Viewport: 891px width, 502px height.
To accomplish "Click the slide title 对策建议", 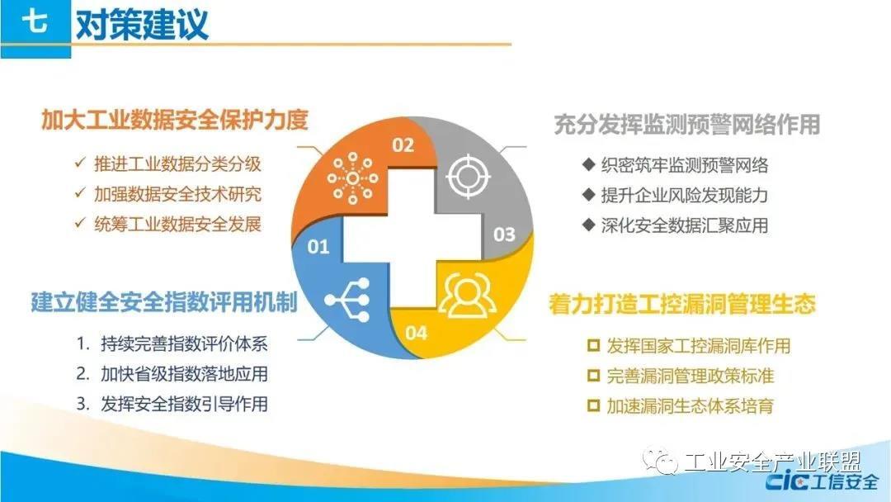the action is coord(142,24).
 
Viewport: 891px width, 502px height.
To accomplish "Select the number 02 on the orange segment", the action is coord(403,145).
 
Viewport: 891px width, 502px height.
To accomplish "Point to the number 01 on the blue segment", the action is coord(318,247).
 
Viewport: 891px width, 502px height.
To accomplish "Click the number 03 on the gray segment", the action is coord(504,234).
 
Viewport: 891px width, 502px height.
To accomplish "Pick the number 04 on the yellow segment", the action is coord(416,333).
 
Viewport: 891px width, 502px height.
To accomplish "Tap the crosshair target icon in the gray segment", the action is coord(468,176).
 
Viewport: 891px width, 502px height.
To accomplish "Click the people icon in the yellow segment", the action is coord(466,296).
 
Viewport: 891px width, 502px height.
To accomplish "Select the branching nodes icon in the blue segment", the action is coord(347,300).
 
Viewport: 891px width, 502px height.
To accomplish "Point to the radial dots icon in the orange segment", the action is coord(352,178).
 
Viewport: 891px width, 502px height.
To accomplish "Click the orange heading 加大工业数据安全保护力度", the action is coord(174,120).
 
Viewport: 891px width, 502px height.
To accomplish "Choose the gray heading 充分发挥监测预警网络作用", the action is coord(687,125).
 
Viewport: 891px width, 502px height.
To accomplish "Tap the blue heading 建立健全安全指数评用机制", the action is coord(164,302).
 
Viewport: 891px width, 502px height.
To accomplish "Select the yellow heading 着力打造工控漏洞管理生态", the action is coord(682,304).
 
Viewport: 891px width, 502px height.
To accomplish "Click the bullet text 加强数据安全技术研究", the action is coord(178,194).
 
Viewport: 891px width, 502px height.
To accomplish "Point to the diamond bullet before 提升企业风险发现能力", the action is coord(589,194).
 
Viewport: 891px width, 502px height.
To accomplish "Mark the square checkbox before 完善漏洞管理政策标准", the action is coord(593,375).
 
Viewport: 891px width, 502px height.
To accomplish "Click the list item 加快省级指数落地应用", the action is coord(184,374).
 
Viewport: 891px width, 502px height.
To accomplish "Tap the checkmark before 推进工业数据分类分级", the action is coord(80,163).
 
